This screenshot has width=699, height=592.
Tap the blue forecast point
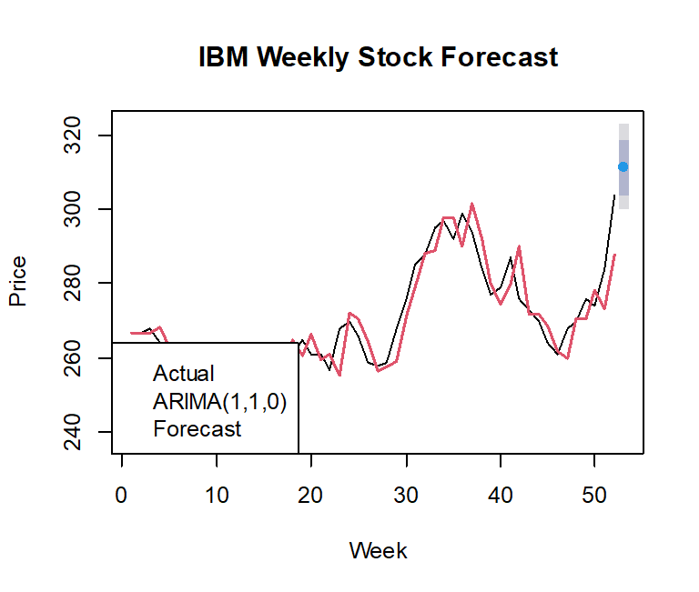tap(623, 166)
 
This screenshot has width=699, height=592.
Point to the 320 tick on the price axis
tap(78, 135)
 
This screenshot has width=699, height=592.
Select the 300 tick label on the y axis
tap(78, 209)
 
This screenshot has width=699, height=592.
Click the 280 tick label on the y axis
tap(78, 284)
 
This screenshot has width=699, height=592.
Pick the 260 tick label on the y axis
tap(78, 357)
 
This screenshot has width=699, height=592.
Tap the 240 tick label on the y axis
tap(78, 431)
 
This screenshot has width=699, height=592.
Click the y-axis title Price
tap(17, 282)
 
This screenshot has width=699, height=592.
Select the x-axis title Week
tap(378, 550)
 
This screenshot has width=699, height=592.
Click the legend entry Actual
tap(184, 374)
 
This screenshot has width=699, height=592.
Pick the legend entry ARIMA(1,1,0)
tap(220, 401)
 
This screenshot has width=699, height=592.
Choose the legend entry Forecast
tap(198, 428)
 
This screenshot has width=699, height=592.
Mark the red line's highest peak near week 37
tap(471, 205)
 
